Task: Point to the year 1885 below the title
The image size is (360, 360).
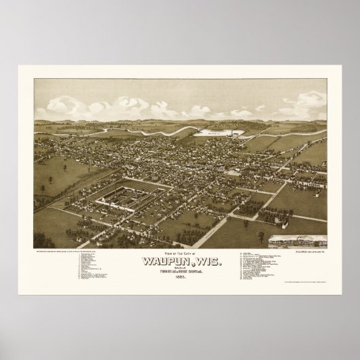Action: click(x=180, y=276)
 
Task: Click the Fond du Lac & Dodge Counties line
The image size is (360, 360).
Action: click(x=180, y=270)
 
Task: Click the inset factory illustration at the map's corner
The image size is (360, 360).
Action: click(x=297, y=242)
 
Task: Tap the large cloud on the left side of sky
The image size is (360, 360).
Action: click(x=68, y=105)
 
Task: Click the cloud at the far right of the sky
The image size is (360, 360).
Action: click(x=309, y=102)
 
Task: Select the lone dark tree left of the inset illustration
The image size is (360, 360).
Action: click(x=259, y=236)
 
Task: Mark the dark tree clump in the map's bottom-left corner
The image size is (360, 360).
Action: click(x=44, y=240)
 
